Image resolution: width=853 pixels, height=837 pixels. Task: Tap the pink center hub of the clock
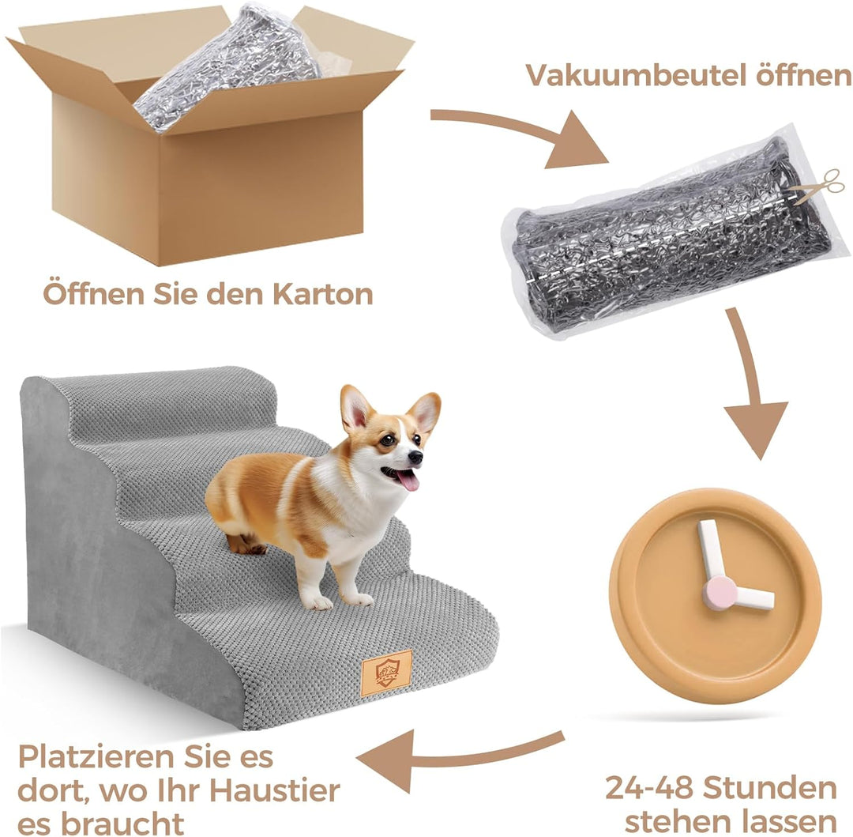pyautogui.click(x=718, y=593)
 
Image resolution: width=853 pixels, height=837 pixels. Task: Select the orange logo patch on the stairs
pyautogui.click(x=386, y=673)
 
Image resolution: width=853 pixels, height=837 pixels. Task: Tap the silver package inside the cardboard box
pyautogui.click(x=229, y=63)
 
